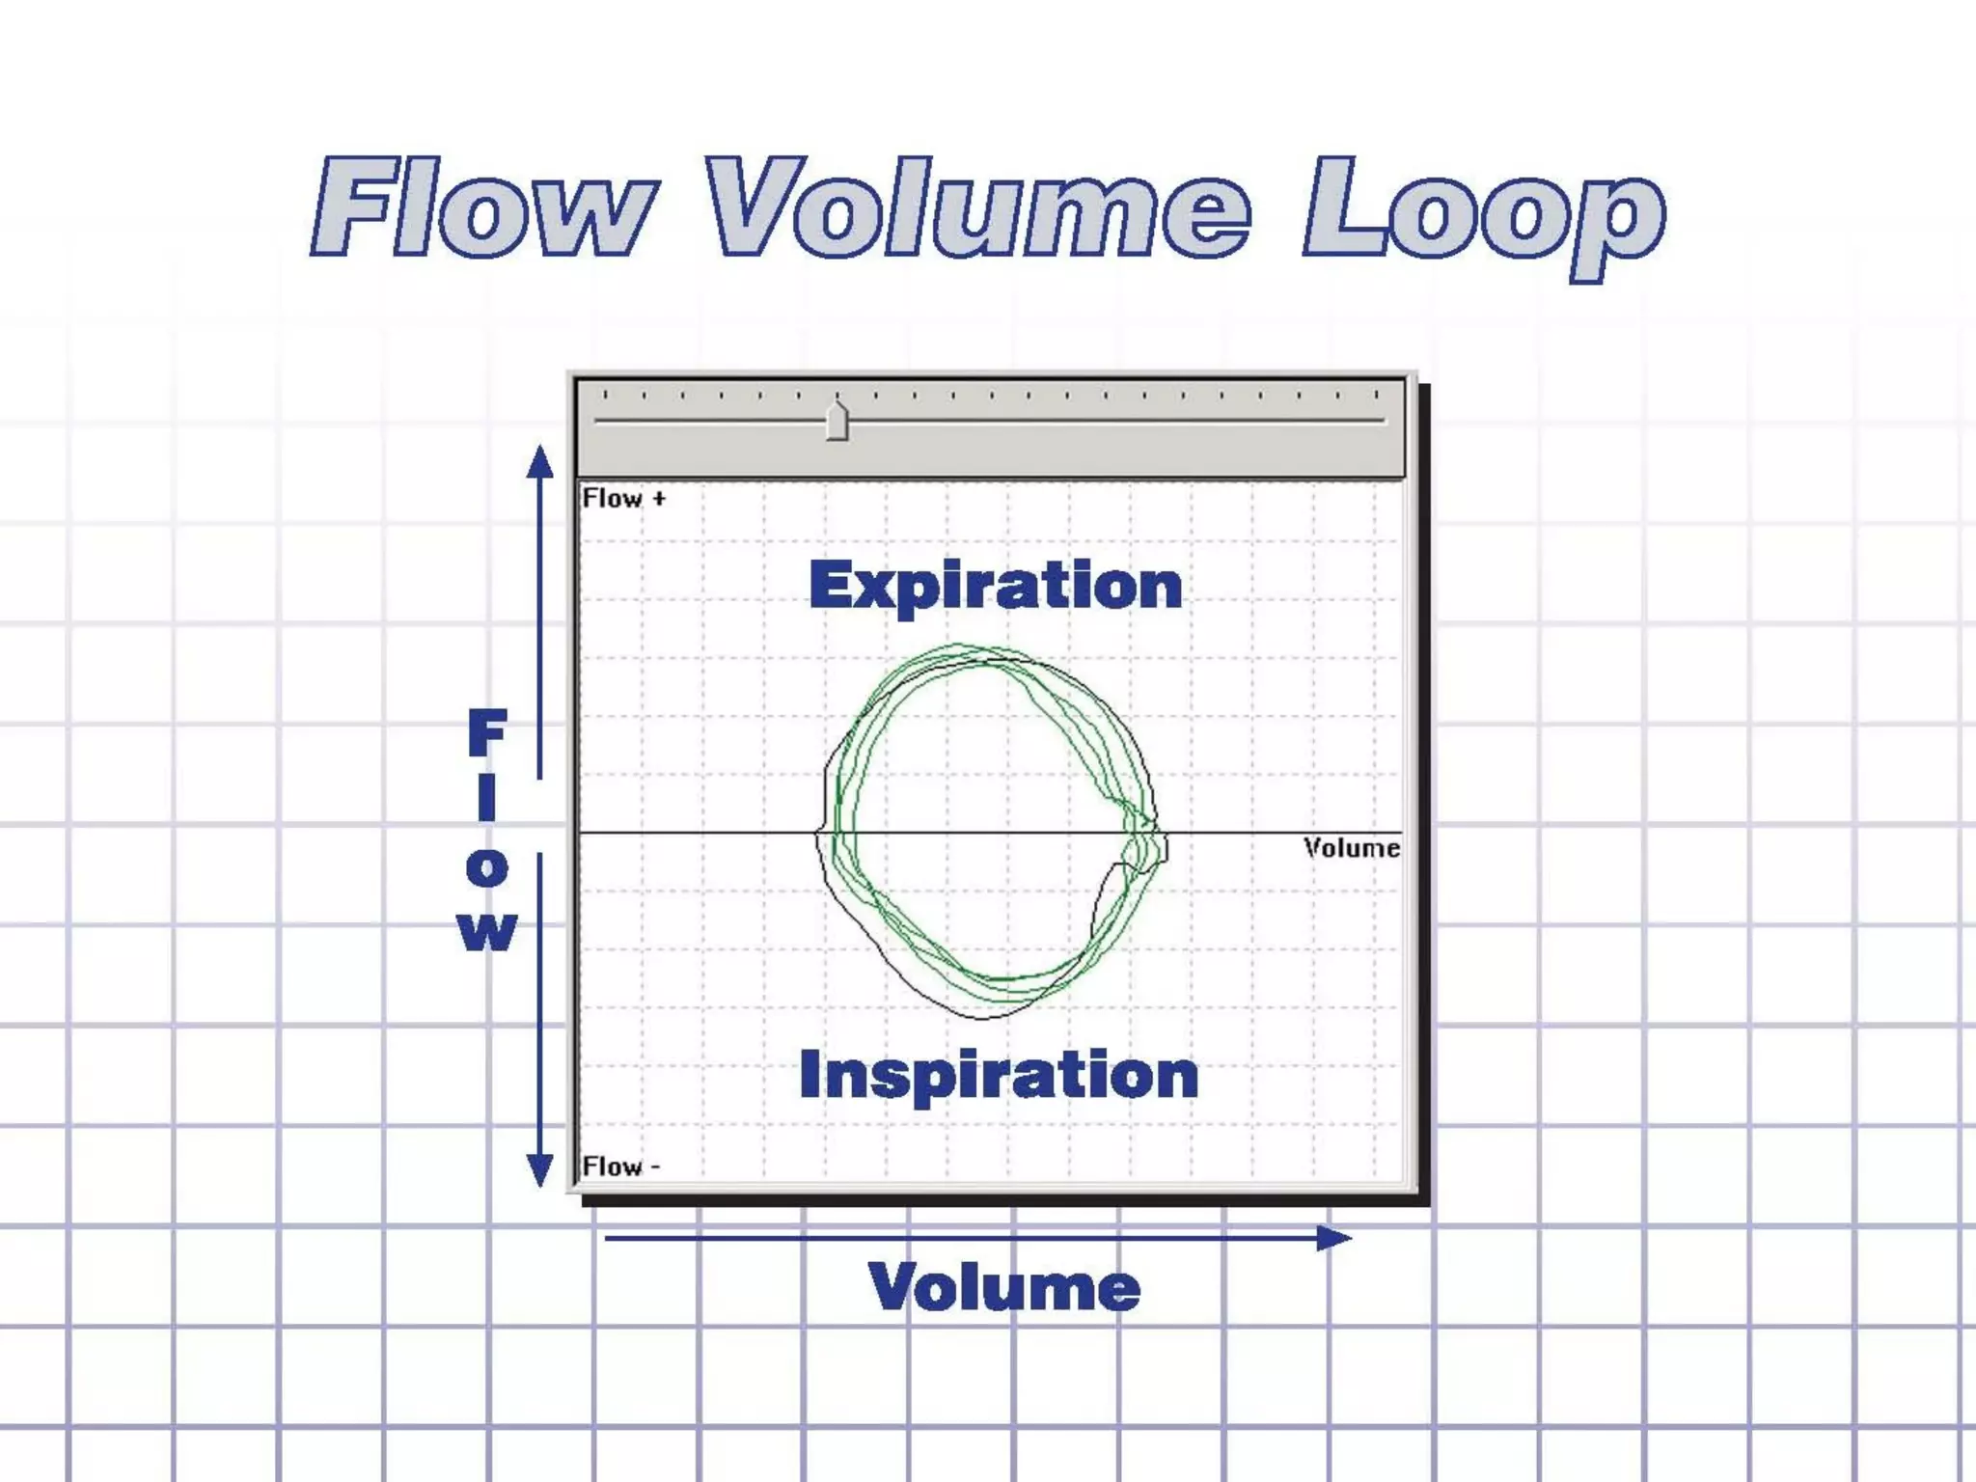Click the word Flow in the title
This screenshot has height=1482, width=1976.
pyautogui.click(x=482, y=207)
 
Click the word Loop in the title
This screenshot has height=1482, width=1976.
pyautogui.click(x=1484, y=212)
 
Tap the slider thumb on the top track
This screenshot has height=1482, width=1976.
pyautogui.click(x=837, y=422)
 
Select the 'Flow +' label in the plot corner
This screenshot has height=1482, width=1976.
pyautogui.click(x=623, y=499)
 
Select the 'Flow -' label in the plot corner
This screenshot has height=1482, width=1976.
pyautogui.click(x=620, y=1166)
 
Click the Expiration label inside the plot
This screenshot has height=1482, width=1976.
pyautogui.click(x=995, y=586)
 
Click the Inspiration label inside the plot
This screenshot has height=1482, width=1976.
pyautogui.click(x=999, y=1075)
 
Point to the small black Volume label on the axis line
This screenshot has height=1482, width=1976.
pyautogui.click(x=1351, y=848)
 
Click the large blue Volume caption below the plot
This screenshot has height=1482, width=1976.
pyautogui.click(x=1004, y=1287)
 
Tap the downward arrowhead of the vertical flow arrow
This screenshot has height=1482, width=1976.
pyautogui.click(x=540, y=1170)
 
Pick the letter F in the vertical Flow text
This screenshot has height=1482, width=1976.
pyautogui.click(x=487, y=733)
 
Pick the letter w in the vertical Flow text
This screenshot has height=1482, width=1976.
pyautogui.click(x=487, y=931)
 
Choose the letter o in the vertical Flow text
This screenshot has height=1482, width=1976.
pyautogui.click(x=487, y=867)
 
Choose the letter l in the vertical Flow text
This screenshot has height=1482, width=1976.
pyautogui.click(x=487, y=800)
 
